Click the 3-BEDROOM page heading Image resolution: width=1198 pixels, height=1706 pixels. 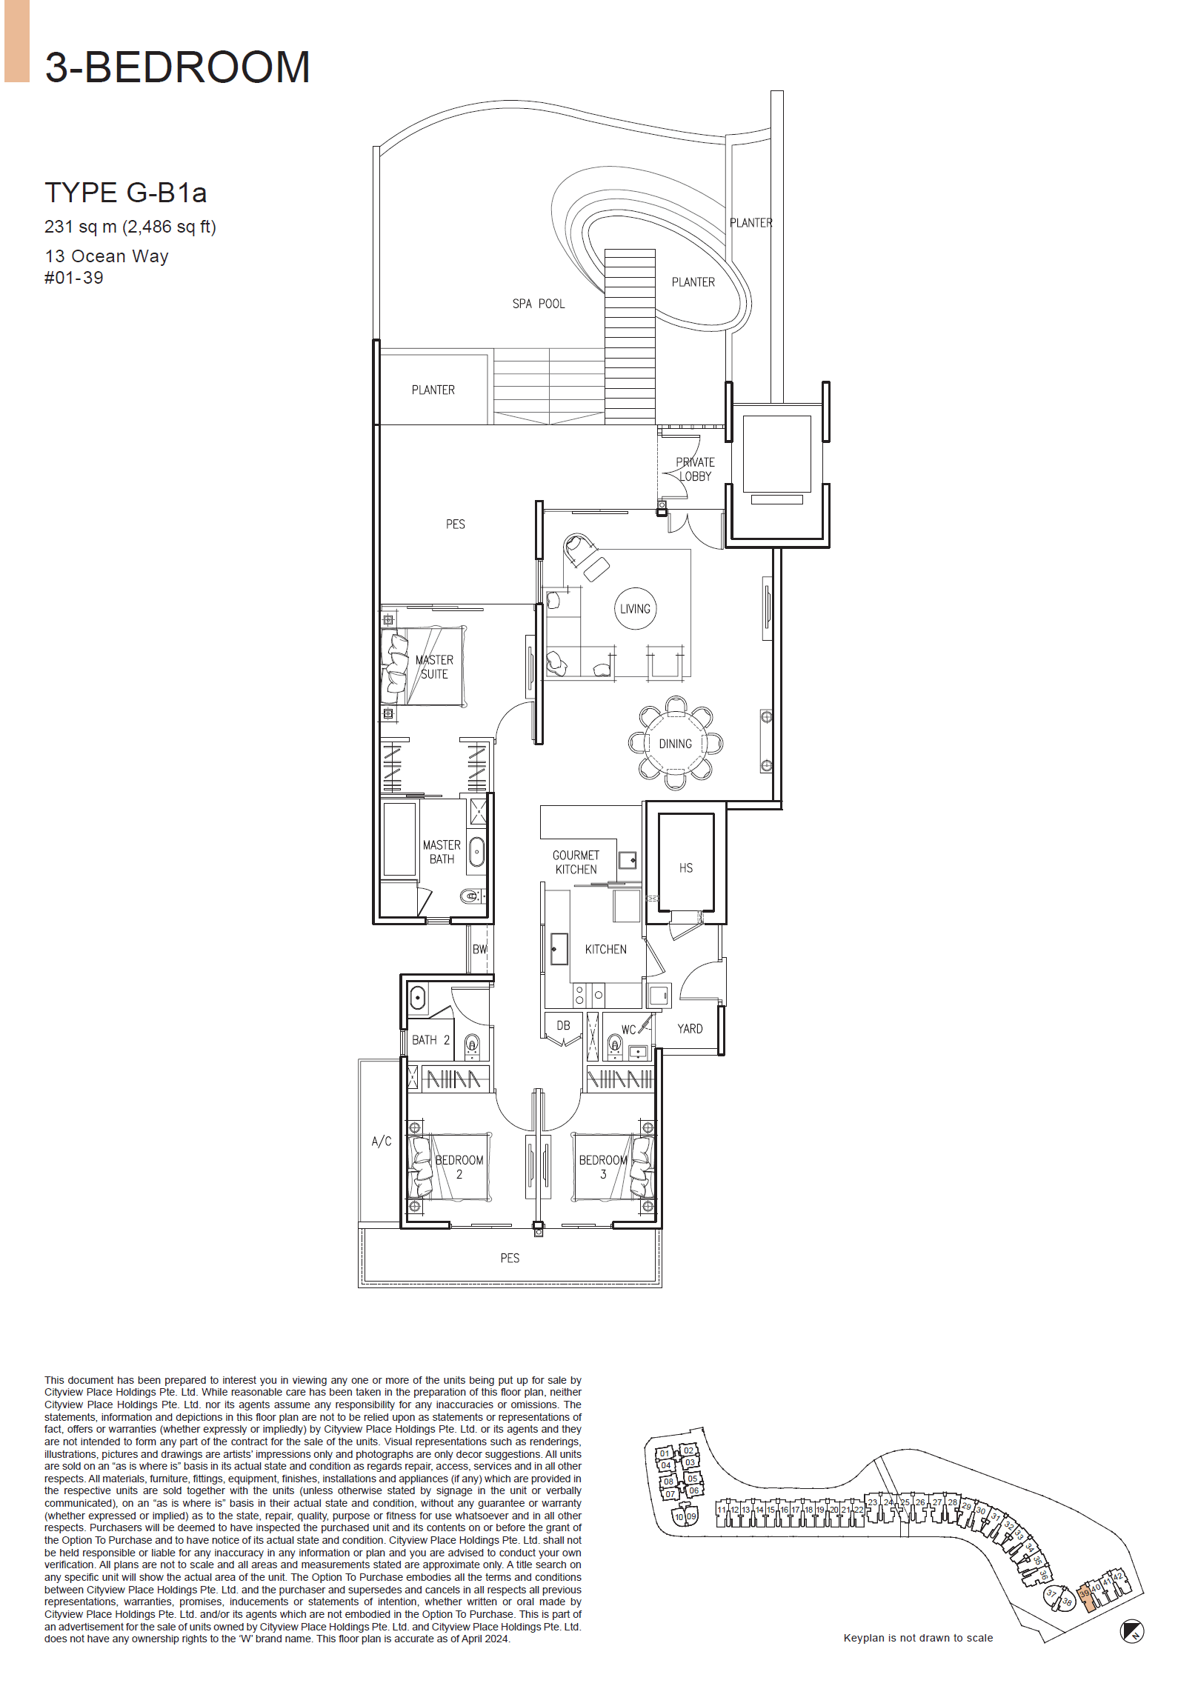pos(177,67)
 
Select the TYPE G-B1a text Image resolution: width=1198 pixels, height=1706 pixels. pos(125,193)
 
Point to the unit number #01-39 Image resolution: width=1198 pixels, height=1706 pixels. pos(73,278)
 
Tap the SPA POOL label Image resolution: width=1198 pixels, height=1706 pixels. pos(538,304)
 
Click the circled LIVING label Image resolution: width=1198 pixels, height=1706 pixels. pos(635,608)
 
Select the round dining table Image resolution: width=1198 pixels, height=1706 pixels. pos(675,743)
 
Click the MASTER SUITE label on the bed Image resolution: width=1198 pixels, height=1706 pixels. pos(434,667)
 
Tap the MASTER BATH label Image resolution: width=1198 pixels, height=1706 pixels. pos(442,851)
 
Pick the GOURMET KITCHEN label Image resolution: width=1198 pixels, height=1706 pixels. pos(575,862)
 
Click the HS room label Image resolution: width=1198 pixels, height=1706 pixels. pos(685,868)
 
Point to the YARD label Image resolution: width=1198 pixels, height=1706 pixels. pos(689,1028)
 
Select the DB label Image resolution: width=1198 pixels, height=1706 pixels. pos(563,1025)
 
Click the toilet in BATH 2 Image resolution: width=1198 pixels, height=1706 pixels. pos(472,1045)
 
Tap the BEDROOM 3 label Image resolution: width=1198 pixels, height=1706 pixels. pos(603,1167)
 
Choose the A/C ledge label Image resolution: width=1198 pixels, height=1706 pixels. pos(382,1141)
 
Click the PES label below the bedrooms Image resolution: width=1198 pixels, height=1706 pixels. pos(509,1258)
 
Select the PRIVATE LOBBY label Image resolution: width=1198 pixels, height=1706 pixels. pos(695,469)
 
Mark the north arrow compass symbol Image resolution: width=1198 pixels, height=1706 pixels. pos(1131,1632)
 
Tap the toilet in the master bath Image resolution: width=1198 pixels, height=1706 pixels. pos(470,896)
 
